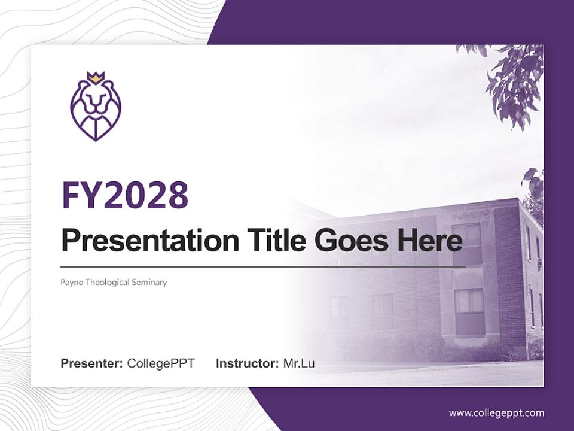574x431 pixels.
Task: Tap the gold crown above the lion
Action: click(x=96, y=77)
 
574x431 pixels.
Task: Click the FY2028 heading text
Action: click(x=125, y=195)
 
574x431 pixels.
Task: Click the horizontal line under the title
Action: click(x=263, y=266)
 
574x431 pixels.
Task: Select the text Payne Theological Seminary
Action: click(x=114, y=282)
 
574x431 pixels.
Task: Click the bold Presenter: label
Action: click(x=92, y=363)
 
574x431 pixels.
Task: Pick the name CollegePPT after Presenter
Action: click(x=161, y=363)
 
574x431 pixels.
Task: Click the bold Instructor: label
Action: click(x=248, y=363)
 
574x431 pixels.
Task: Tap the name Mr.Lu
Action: click(x=299, y=363)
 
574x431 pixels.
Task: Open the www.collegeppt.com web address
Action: click(x=496, y=412)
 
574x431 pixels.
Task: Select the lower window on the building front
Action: click(x=469, y=311)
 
